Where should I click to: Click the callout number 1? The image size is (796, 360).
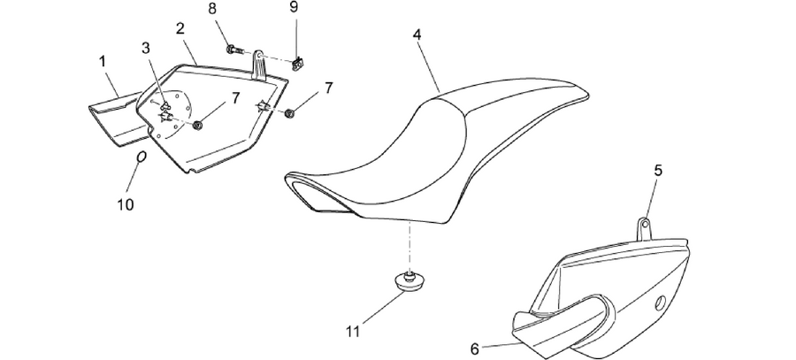(103, 62)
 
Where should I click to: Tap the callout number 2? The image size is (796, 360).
(180, 29)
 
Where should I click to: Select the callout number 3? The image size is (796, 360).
(146, 49)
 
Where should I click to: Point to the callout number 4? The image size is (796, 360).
(417, 34)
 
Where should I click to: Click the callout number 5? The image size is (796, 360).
(658, 171)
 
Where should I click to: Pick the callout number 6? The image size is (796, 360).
(475, 349)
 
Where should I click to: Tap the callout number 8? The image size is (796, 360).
(212, 9)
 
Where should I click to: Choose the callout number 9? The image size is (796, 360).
(294, 7)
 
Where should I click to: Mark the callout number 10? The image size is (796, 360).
(126, 204)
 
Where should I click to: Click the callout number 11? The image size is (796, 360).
(353, 332)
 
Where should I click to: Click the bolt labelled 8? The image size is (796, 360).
(235, 50)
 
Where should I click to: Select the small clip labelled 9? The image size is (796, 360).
(297, 64)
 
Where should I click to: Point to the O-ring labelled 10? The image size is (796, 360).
(142, 157)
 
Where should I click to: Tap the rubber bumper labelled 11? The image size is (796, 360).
(408, 282)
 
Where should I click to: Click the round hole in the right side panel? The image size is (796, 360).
(661, 303)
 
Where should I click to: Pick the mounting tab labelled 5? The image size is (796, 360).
(644, 227)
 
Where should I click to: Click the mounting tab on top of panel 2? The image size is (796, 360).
(259, 65)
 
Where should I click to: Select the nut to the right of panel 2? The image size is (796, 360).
(290, 112)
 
